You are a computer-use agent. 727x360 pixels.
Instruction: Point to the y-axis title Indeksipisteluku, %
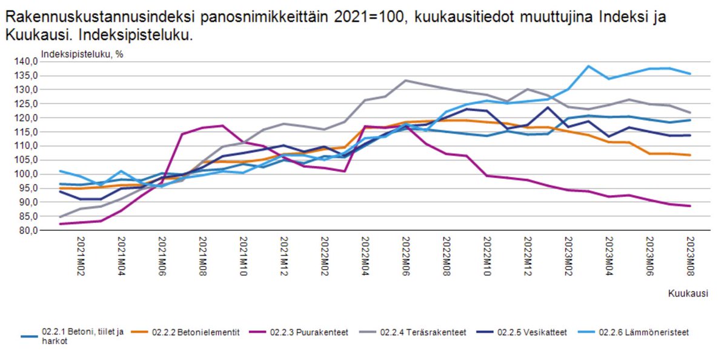[x=82, y=53]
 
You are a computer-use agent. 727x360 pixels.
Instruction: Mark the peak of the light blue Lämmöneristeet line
[x=588, y=66]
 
